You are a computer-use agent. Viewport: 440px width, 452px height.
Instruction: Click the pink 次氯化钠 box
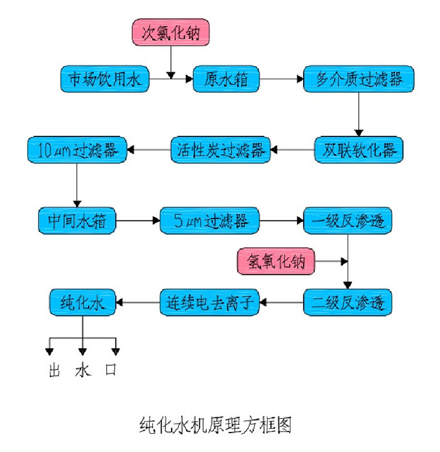[169, 31]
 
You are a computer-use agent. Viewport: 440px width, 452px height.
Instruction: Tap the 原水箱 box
[226, 79]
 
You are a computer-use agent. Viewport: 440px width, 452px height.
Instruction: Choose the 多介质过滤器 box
[359, 79]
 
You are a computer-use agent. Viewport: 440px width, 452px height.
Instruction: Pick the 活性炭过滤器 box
[219, 150]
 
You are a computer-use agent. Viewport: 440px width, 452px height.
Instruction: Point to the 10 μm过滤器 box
[77, 150]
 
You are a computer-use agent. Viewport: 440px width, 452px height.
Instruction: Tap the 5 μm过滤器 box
[209, 221]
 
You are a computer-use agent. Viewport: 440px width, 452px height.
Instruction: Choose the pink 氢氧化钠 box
[276, 260]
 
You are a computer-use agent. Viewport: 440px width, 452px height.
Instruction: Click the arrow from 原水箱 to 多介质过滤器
[281, 79]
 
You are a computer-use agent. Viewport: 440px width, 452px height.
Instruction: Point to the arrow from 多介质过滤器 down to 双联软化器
[358, 113]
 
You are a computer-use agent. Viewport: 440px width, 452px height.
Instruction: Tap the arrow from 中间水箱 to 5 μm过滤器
[138, 221]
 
